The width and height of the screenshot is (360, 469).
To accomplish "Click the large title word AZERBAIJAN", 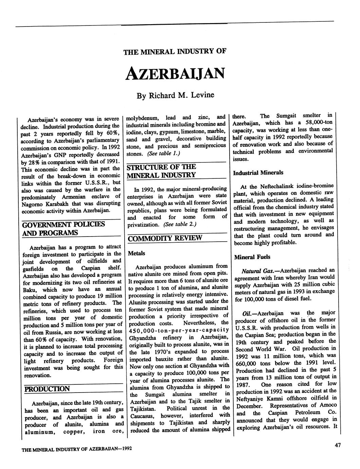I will coord(175,73).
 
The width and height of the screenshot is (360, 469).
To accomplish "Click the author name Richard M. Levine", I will coord(175,95).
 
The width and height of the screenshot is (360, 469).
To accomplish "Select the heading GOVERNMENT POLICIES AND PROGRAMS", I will coord(64,228).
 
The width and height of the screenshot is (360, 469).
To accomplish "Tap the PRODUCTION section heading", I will coord(47,389).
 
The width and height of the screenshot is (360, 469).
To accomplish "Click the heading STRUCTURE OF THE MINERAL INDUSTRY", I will coord(161,171).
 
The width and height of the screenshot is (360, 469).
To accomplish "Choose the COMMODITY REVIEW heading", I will coord(165,238).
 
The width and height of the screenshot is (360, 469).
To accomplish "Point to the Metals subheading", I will coord(136,253).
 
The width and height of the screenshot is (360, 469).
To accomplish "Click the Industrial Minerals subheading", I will coord(258,173).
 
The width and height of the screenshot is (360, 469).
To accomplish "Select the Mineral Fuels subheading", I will coord(252,257).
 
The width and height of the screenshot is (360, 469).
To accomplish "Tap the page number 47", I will coord(337,446).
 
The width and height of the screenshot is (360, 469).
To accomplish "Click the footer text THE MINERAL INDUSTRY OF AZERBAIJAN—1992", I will coord(76,449).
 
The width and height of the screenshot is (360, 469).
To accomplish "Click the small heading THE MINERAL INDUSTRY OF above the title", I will coord(175,52).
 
